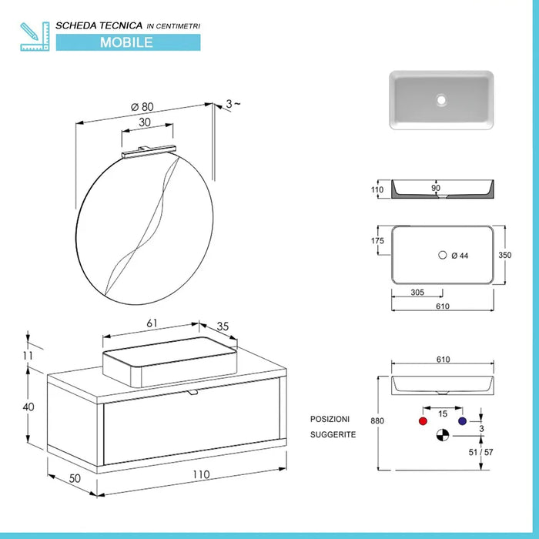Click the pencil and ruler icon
pos(35,37)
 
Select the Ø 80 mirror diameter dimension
pos(143,107)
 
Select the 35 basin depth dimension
pos(223,326)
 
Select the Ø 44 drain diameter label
pos(460,256)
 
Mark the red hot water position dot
pos(421,422)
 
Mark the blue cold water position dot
pos(462,422)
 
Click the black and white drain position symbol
pos(441,436)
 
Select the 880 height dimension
pos(377,421)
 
